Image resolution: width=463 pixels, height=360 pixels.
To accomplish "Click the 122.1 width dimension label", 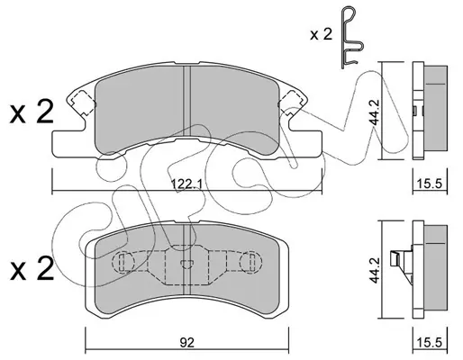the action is (186, 184).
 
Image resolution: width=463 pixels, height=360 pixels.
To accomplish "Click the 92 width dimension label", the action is (186, 342).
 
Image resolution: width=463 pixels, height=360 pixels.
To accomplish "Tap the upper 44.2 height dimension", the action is (375, 112).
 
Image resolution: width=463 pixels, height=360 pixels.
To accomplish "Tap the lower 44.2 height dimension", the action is (375, 270).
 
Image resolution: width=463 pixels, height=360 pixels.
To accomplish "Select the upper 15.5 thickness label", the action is (430, 184).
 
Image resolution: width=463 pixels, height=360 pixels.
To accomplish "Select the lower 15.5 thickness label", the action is (430, 342).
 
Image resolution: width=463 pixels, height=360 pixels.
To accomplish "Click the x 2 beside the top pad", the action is (32, 112).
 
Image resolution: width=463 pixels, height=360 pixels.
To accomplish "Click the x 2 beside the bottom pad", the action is (32, 268).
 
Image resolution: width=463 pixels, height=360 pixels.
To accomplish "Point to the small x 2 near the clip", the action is (322, 35).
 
